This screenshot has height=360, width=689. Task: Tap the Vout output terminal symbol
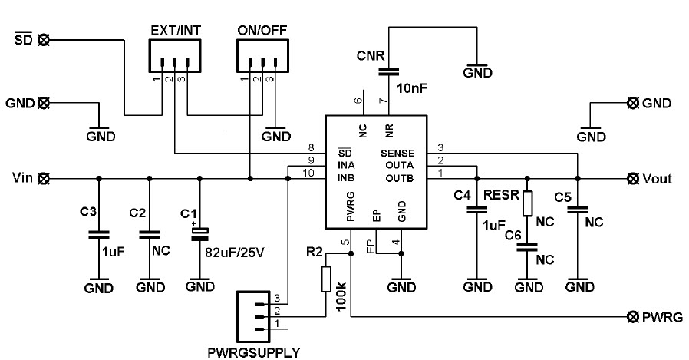[632, 178]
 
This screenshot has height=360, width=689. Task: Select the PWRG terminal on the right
[632, 317]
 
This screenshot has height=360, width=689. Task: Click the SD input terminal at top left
[44, 38]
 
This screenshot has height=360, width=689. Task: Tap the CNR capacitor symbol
[389, 71]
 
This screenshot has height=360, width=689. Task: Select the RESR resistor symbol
[527, 204]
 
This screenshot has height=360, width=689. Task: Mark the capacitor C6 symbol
[527, 248]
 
